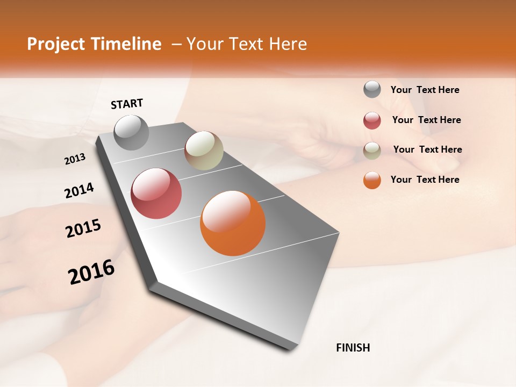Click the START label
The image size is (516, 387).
[127, 104]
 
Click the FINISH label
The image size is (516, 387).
[353, 348]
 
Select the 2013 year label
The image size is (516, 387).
[75, 159]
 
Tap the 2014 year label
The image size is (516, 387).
[79, 191]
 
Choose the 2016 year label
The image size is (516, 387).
[91, 271]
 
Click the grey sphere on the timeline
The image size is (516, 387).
[131, 132]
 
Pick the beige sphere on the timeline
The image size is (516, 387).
[204, 150]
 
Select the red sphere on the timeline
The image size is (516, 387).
[156, 193]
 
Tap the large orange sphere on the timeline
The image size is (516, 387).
[233, 223]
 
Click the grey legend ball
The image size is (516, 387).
[372, 90]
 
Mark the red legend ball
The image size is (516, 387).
[372, 120]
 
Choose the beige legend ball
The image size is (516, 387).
[372, 150]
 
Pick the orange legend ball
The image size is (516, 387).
[372, 180]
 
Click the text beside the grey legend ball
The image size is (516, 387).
[425, 90]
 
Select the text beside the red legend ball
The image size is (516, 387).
[426, 120]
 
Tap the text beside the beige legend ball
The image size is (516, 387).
[427, 149]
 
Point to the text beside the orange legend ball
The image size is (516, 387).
[425, 180]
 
